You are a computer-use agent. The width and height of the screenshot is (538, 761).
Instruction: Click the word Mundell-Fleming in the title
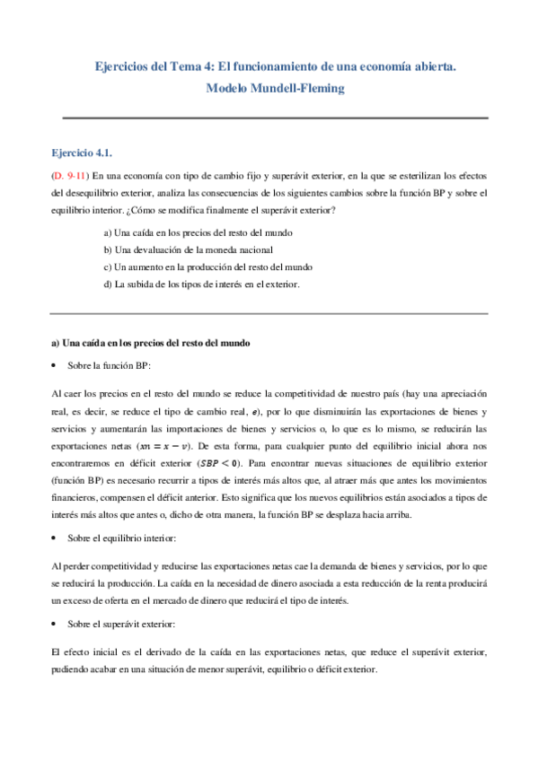(296, 88)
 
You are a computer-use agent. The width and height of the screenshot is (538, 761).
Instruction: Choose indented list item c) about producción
(207, 267)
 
